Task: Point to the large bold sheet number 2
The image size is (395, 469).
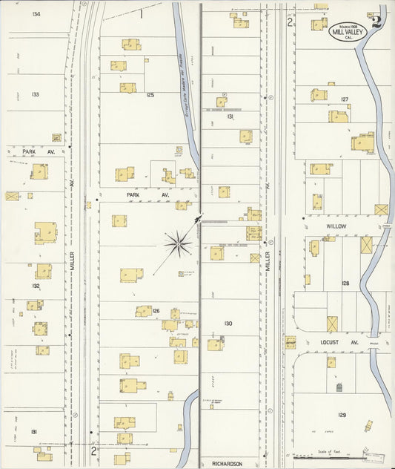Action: pyautogui.click(x=379, y=22)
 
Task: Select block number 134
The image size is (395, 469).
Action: pyautogui.click(x=36, y=14)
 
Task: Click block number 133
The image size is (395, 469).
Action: pyautogui.click(x=35, y=94)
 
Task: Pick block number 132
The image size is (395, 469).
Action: pyautogui.click(x=36, y=286)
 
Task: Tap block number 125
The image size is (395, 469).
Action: pyautogui.click(x=150, y=95)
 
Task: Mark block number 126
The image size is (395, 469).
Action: pyautogui.click(x=156, y=311)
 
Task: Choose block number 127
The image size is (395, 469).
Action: pyautogui.click(x=345, y=99)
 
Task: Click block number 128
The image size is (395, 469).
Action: pyautogui.click(x=345, y=283)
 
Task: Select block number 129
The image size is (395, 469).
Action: pyautogui.click(x=342, y=414)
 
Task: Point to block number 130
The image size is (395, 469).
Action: pyautogui.click(x=228, y=324)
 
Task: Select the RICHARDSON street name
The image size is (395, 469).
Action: pyautogui.click(x=226, y=464)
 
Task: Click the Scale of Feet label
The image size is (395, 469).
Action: pyautogui.click(x=326, y=450)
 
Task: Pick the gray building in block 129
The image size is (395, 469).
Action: pyautogui.click(x=339, y=388)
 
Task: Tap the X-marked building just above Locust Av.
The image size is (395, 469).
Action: pyautogui.click(x=332, y=324)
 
